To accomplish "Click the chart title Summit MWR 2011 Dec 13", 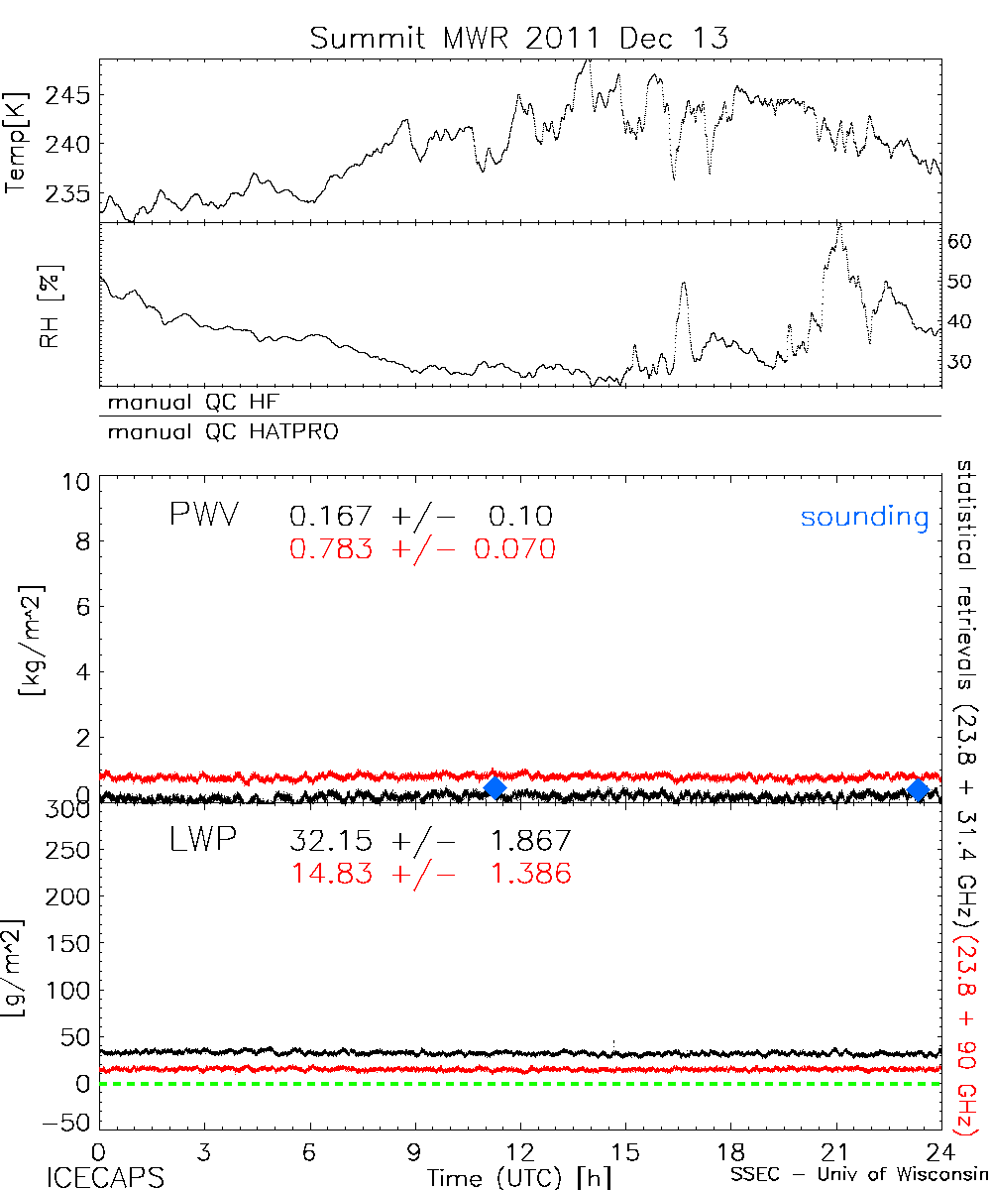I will click(x=518, y=38).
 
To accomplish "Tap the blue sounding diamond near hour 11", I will click(x=495, y=787).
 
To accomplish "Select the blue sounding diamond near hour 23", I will click(x=918, y=789).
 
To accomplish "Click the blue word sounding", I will click(x=864, y=517).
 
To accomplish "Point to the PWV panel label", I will click(x=203, y=516).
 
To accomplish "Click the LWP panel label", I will click(x=200, y=841).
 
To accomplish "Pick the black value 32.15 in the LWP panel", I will click(x=331, y=841).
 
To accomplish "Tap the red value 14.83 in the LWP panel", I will click(x=331, y=873).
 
